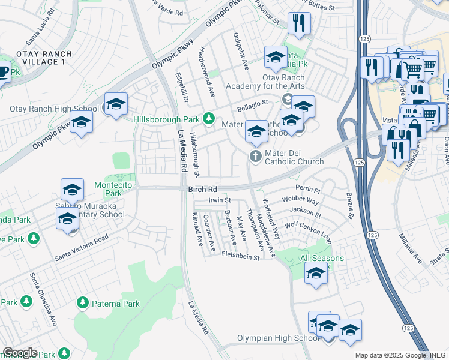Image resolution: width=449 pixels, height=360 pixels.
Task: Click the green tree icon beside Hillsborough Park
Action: pos(209,118)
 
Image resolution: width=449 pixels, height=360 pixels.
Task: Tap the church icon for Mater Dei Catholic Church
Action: pos(256,157)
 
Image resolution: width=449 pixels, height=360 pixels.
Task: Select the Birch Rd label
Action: pos(202,190)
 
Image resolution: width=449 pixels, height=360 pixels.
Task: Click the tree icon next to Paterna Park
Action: pos(83,304)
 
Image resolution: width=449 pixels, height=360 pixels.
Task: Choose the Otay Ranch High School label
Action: pos(55,109)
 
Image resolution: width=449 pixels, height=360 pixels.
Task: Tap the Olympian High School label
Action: pos(278,338)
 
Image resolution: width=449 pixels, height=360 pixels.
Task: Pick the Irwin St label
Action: pos(220,200)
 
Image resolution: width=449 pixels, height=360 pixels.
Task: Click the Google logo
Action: pos(20,353)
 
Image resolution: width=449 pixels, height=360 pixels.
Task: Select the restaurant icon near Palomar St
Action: pos(298,23)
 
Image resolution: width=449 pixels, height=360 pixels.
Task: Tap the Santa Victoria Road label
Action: pos(82,247)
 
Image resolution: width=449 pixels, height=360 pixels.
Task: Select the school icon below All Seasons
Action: pos(316,275)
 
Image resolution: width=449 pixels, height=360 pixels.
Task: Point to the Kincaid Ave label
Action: pos(197,229)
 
